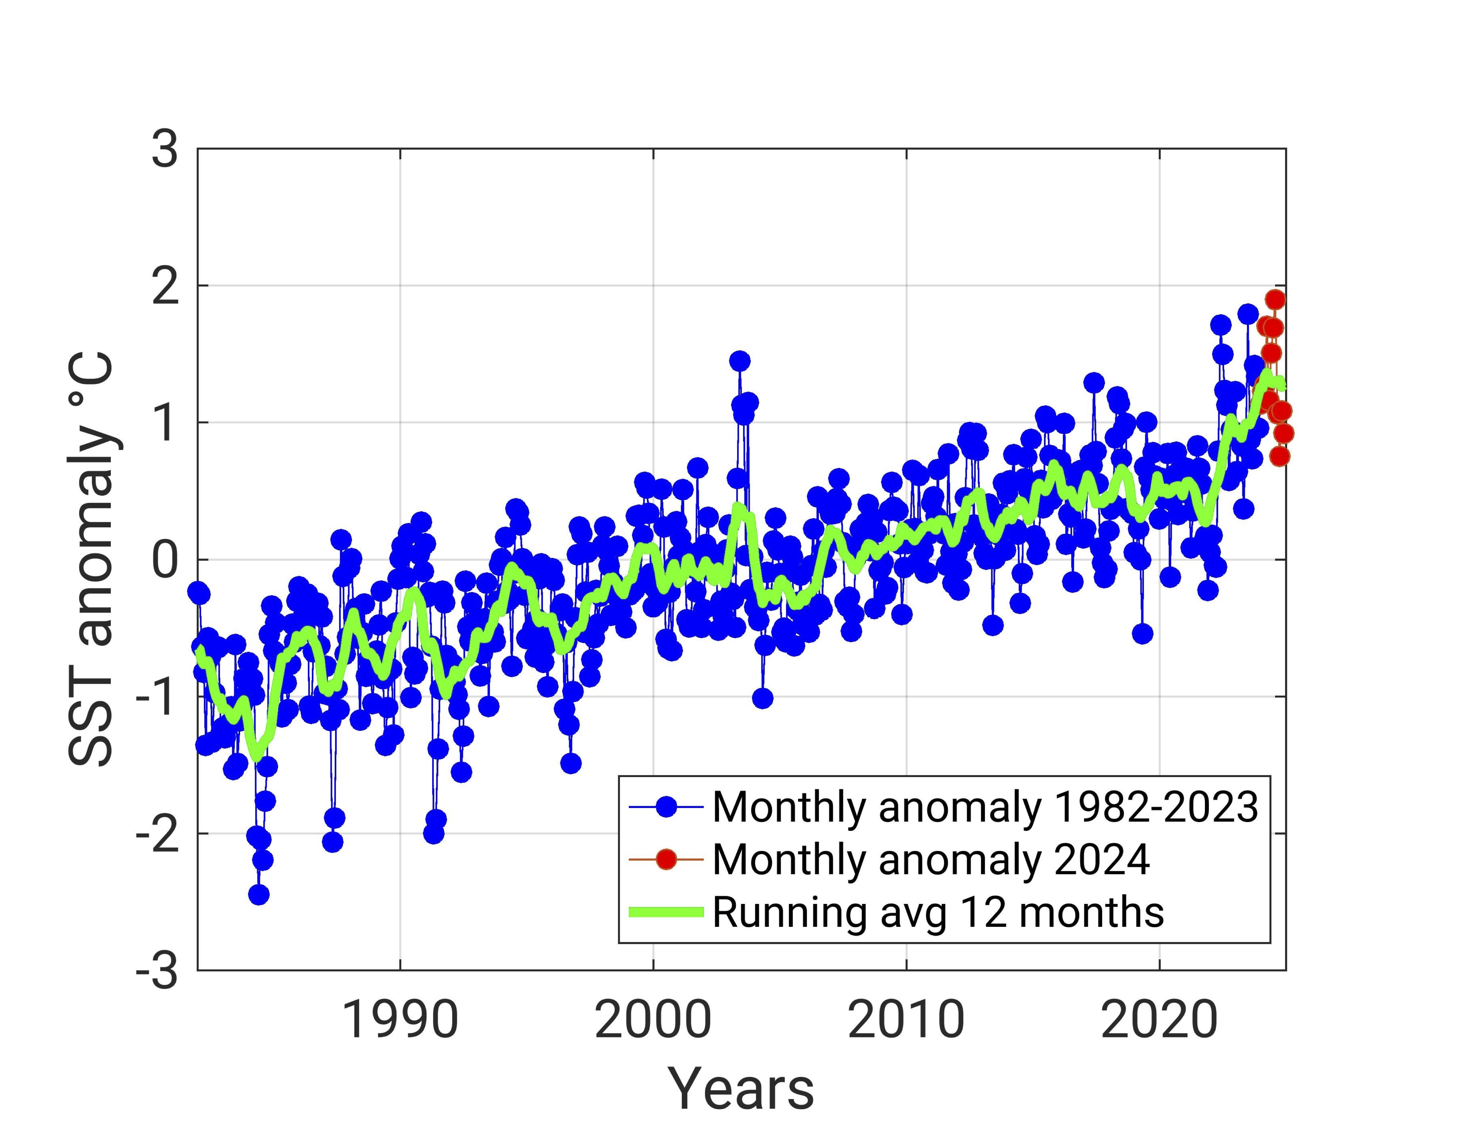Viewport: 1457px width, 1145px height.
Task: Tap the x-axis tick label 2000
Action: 653,1022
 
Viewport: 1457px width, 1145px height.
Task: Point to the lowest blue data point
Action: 259,894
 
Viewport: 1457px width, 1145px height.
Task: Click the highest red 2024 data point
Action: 1275,300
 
